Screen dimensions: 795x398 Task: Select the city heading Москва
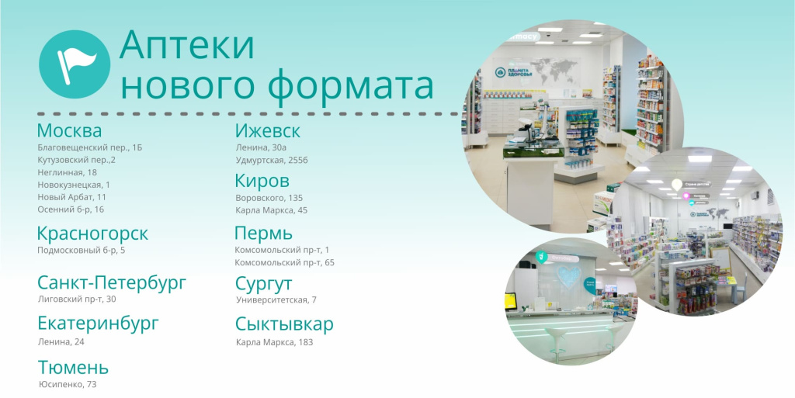point(69,130)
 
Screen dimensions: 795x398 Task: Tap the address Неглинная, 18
point(68,172)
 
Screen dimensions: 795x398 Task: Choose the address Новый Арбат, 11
point(72,197)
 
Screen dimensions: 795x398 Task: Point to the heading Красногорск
point(93,234)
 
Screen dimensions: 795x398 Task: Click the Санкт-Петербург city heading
point(112,283)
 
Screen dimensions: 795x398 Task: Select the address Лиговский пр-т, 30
point(77,299)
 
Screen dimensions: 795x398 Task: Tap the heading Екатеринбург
point(99,324)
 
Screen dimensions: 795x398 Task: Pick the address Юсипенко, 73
point(68,384)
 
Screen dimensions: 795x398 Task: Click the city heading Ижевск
point(268,131)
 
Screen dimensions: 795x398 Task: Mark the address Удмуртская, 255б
point(272,160)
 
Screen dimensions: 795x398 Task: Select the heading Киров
point(262,180)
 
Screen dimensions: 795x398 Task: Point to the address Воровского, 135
point(269,198)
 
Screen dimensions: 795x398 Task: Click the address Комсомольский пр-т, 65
point(285,262)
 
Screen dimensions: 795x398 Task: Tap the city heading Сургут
point(264,284)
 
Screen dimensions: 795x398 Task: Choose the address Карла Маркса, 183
point(274,342)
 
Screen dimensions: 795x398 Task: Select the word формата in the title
point(351,87)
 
